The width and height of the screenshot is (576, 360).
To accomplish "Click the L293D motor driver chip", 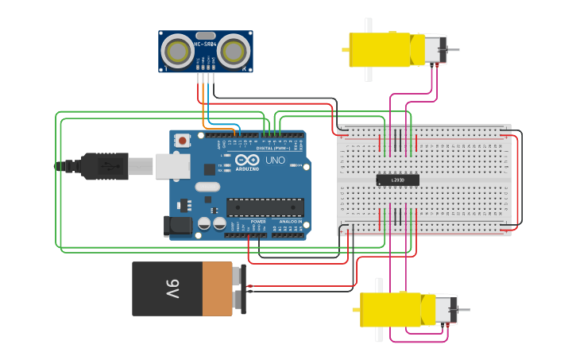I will coord(397,180).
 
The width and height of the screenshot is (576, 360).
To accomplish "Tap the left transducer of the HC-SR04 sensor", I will coord(177,52).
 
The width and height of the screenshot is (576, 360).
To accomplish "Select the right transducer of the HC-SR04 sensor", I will coord(234,52).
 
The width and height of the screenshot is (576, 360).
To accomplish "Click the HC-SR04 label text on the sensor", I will coord(205,45).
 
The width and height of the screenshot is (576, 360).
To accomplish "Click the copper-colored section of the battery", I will coord(217,289).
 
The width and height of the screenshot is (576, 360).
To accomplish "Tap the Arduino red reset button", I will coord(183,141).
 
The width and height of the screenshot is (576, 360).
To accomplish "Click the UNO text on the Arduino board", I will coord(275,161).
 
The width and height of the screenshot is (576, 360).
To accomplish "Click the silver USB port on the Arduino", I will coord(172,165).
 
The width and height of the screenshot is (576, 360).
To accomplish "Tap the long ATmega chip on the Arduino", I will coord(265,207).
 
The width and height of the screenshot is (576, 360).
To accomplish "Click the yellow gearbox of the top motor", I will coord(379,50).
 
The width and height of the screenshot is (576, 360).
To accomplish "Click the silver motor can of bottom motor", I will coord(445,309).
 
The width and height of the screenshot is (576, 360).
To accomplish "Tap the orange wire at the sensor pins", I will coord(204,95).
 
